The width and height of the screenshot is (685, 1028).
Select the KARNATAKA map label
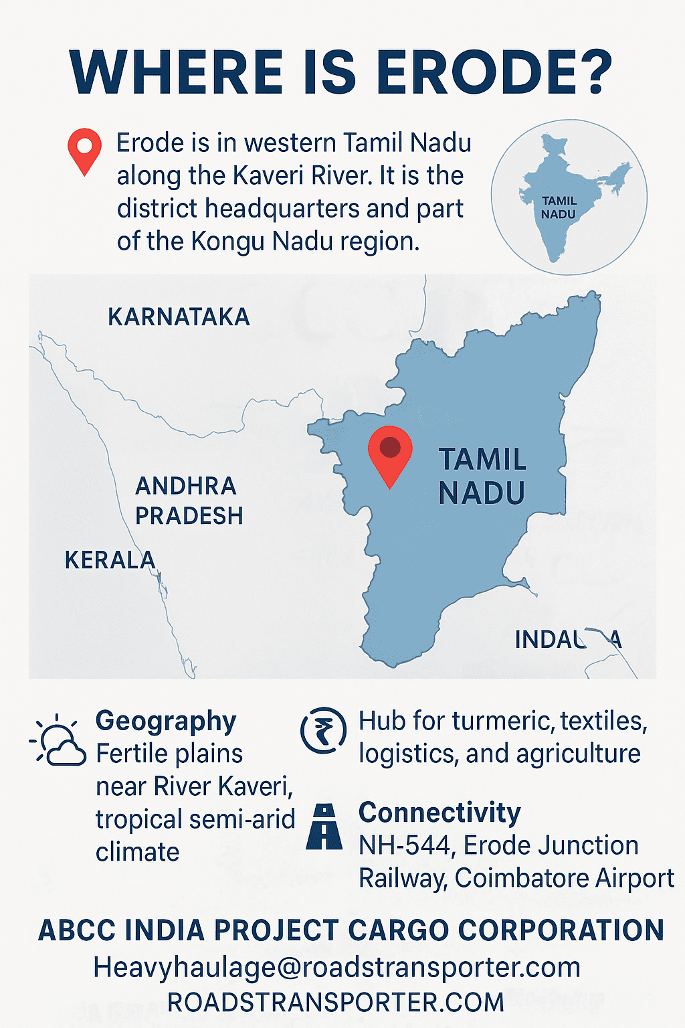pos(179,317)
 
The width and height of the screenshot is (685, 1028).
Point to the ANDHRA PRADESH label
pos(189,501)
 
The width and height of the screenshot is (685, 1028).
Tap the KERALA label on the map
pos(110,560)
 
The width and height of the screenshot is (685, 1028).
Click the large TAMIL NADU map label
pos(482,476)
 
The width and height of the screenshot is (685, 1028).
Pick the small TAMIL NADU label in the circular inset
pos(559,207)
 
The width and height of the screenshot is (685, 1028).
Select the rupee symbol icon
pos(324,730)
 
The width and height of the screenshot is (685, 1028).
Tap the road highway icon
pos(324,827)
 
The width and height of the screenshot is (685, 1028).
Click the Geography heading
pos(166,721)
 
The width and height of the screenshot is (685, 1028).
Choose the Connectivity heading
pos(439,812)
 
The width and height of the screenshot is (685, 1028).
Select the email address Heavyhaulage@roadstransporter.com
pos(336,967)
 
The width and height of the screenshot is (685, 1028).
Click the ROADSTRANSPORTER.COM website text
pos(336,1003)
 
